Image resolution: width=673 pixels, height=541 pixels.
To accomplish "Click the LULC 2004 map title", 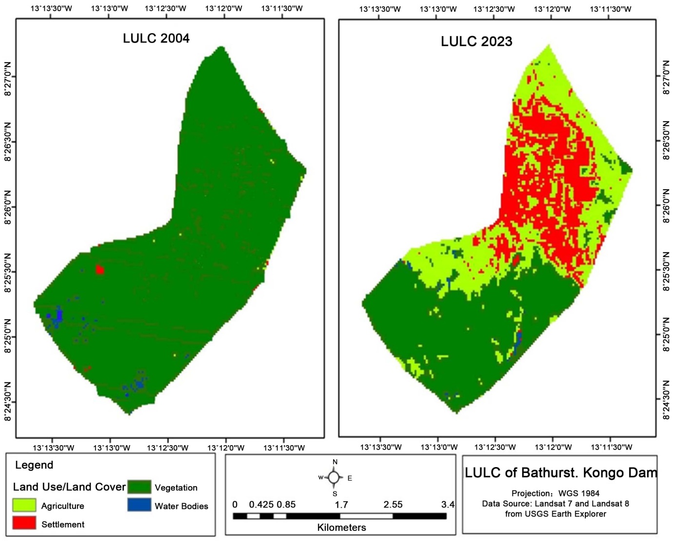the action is tap(156, 38).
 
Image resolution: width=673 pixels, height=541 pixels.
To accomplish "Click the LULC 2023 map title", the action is tap(477, 41).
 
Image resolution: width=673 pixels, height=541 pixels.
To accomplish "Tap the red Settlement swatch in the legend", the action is tap(24, 523).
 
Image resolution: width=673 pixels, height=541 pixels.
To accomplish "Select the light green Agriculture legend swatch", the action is tap(24, 505).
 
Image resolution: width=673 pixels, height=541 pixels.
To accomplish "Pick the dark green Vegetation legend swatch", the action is tap(139, 487).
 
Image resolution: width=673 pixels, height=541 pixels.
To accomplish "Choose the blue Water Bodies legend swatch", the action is tap(139, 505).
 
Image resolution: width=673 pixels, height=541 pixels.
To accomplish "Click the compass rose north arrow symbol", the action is tap(334, 477).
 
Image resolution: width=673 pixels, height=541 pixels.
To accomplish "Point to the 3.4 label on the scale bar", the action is tap(448, 505).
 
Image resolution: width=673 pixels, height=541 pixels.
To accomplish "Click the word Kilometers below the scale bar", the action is tap(341, 527).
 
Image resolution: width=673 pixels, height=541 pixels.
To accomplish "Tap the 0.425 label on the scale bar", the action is tap(261, 505).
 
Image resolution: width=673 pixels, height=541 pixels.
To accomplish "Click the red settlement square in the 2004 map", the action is tap(100, 269).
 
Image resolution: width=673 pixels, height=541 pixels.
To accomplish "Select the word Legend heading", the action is tap(34, 465).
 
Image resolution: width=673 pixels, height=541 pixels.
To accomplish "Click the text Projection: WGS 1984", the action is tap(556, 493).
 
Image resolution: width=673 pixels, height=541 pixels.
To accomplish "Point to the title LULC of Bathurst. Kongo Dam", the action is tap(561, 473).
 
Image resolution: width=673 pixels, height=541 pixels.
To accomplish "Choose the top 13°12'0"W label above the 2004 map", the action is tap(224, 8).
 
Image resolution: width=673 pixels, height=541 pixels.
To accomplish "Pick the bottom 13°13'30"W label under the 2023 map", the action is tap(381, 447).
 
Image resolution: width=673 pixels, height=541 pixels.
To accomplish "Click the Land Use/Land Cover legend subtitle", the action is tap(69, 487).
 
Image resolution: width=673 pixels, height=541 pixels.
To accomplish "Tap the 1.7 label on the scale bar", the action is tap(341, 505).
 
